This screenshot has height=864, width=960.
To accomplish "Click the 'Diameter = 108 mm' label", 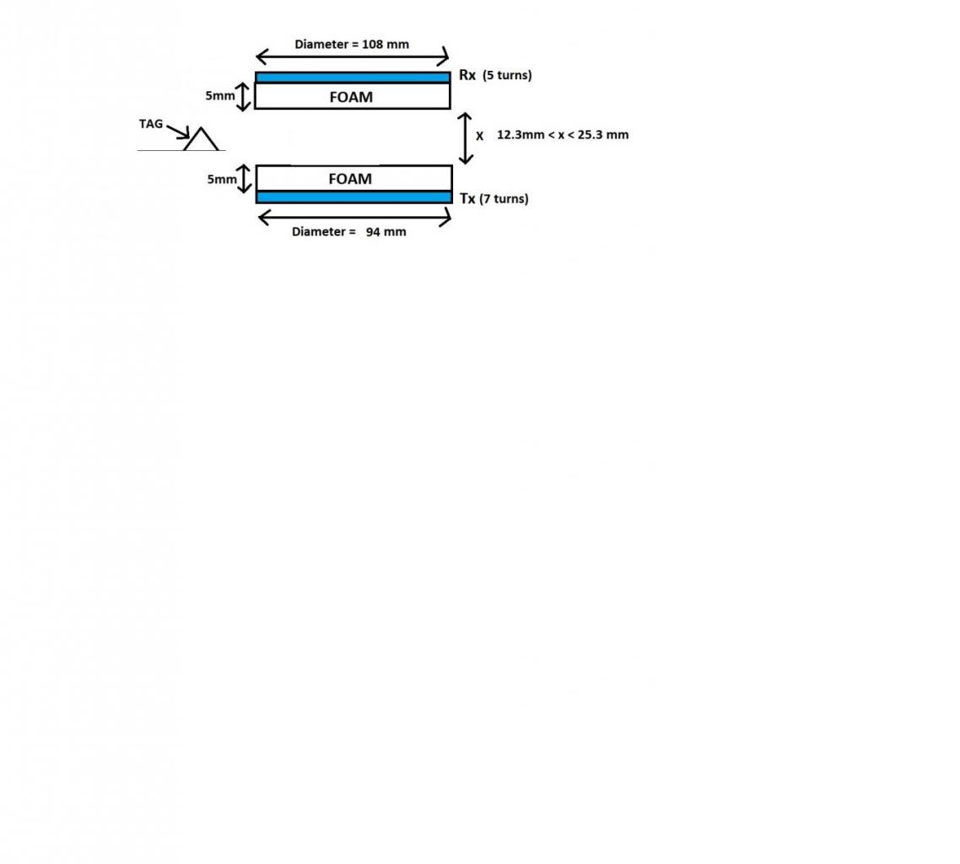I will [x=351, y=44].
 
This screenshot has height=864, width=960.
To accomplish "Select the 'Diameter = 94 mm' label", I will [x=348, y=231].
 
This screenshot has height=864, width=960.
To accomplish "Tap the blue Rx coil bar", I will [x=353, y=78].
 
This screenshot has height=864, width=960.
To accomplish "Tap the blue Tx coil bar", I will [x=353, y=197].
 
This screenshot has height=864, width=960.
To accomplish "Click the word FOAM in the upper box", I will [x=351, y=97].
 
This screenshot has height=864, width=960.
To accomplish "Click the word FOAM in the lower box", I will [x=350, y=179].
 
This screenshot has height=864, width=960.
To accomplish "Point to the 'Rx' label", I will [x=467, y=75].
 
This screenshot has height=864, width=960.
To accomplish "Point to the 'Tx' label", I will [x=467, y=199].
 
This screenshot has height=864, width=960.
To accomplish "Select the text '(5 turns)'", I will [x=507, y=75].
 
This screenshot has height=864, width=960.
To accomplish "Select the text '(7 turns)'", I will [x=504, y=199].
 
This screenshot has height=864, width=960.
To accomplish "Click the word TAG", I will [x=151, y=124].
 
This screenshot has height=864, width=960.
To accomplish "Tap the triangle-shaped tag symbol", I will [x=201, y=140].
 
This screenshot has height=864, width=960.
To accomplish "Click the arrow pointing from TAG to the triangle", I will [x=178, y=132].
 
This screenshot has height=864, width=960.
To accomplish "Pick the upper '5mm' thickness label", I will [x=220, y=96].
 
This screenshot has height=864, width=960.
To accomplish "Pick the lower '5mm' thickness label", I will [x=222, y=179].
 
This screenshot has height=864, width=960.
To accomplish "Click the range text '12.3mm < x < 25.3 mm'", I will [x=563, y=135].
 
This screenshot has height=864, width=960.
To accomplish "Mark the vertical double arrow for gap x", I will [x=466, y=138].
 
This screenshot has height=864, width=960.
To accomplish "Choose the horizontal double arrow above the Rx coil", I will [x=353, y=57].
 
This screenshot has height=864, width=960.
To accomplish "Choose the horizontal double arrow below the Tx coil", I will [x=354, y=218].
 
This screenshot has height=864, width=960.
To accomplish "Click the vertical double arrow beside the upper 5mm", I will [x=244, y=96].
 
